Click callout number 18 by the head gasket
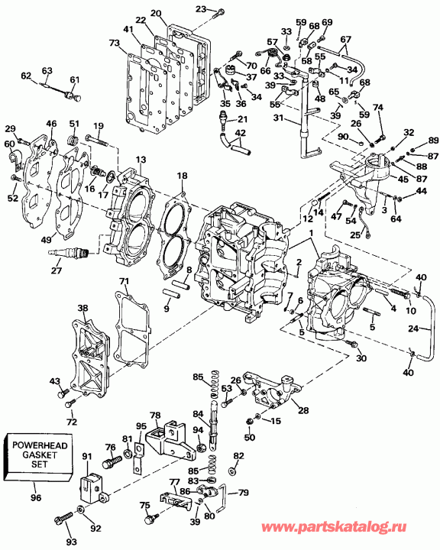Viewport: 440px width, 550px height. (181, 176)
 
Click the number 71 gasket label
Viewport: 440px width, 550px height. (123, 282)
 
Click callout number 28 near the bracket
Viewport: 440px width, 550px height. (303, 410)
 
